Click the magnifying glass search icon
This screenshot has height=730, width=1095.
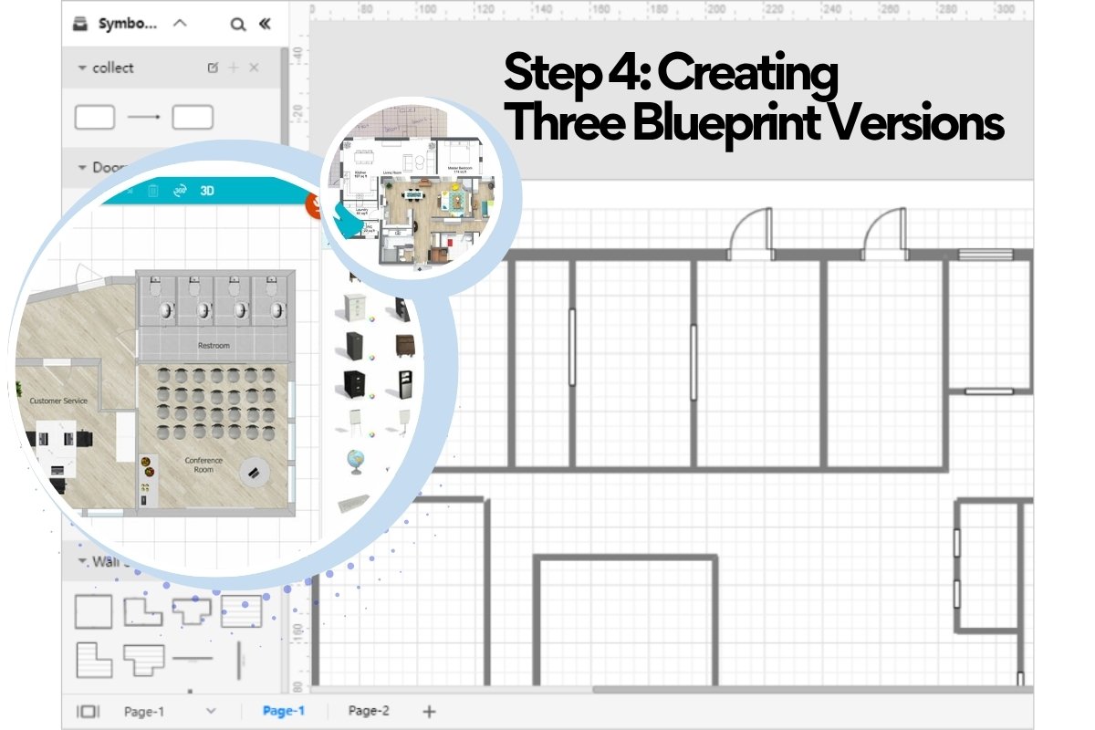pyautogui.click(x=238, y=25)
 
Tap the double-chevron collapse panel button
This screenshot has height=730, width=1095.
pyautogui.click(x=265, y=25)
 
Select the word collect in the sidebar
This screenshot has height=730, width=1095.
pyautogui.click(x=112, y=68)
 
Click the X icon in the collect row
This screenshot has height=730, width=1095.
pyautogui.click(x=255, y=68)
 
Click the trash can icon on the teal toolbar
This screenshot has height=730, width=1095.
pyautogui.click(x=153, y=191)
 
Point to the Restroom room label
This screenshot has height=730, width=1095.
pyautogui.click(x=214, y=346)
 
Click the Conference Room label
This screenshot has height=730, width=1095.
pyautogui.click(x=203, y=464)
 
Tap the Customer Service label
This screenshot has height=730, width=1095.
pyautogui.click(x=58, y=401)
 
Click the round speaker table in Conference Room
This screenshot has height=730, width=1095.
pyautogui.click(x=254, y=472)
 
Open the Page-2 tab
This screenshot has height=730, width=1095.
pyautogui.click(x=369, y=711)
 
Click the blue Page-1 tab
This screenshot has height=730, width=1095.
pyautogui.click(x=283, y=711)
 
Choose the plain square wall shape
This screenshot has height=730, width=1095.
pyautogui.click(x=93, y=611)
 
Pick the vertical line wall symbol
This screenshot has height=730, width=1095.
pyautogui.click(x=239, y=659)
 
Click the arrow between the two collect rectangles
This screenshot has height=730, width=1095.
pyautogui.click(x=143, y=118)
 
